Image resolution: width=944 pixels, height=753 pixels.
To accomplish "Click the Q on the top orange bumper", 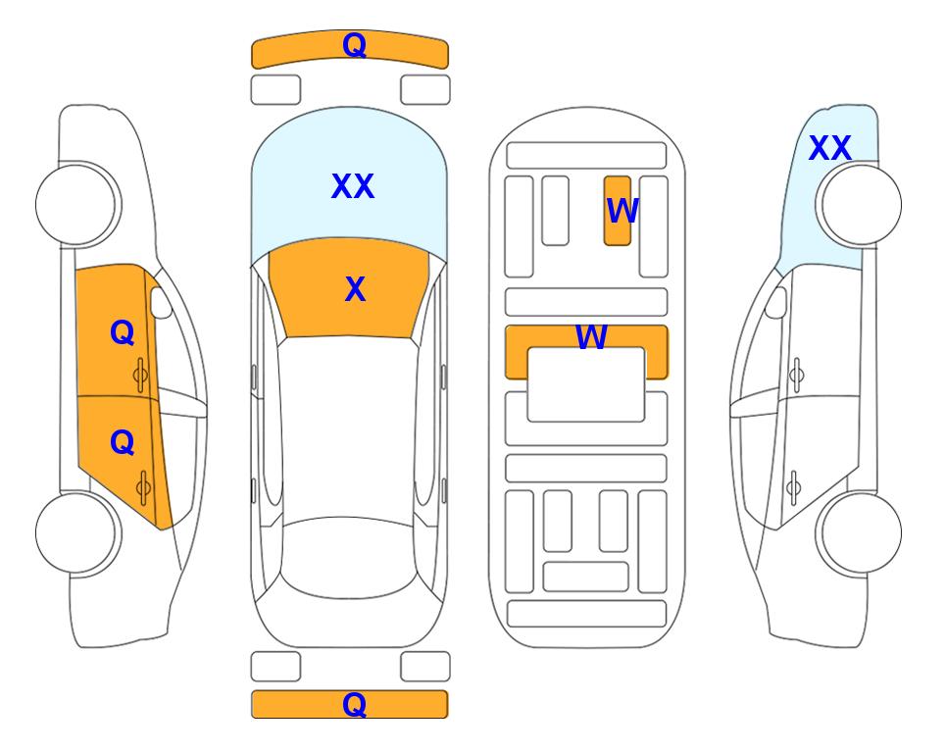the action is pos(354,44).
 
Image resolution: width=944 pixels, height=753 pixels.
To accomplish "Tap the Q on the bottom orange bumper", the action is pos(354,704).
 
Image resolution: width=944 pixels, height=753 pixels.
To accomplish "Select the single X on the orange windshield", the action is pos(355,289).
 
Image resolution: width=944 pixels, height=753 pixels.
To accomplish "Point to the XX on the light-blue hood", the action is pos(353,186).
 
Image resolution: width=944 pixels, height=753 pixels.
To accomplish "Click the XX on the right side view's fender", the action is pos(829,148).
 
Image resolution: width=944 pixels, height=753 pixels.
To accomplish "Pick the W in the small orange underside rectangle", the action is pos(621,211).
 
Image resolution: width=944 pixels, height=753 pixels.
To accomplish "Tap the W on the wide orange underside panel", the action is pos(591,336).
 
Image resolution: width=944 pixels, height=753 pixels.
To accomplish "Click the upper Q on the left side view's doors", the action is pos(123,332).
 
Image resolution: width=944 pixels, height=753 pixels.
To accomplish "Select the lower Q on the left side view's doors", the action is pos(123,443).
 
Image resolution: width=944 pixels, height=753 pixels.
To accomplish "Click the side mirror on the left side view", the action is pos(161,302).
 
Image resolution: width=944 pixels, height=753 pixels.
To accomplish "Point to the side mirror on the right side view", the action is pos(776,302).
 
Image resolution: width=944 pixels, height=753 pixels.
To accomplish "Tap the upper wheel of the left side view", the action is pos(77,205).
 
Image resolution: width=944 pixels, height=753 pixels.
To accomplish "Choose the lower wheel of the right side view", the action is pos(859,532).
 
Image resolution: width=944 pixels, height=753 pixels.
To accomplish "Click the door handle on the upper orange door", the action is pos(141,376).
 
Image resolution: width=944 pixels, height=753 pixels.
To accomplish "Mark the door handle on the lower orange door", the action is pos(143,487).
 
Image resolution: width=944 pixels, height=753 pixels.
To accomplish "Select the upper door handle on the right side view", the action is pos(796,375).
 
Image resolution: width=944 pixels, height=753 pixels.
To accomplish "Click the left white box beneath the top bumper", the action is pos(275,90).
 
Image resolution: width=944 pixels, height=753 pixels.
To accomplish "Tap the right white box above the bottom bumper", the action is pos(425,667).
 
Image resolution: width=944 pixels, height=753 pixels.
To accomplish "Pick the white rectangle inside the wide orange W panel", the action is pos(586,384).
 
